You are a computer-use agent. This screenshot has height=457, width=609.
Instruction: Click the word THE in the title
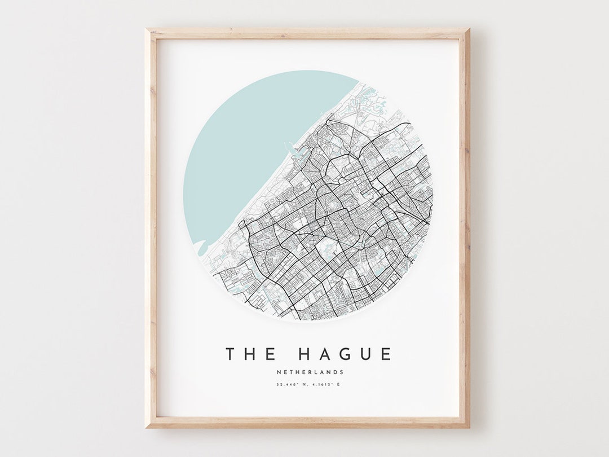pos(251,354)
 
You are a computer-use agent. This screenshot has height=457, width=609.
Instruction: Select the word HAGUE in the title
pos(345,354)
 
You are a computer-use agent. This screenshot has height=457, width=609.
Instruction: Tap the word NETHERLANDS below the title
pos(310,372)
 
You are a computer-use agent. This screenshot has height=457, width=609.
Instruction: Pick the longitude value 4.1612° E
pos(326,385)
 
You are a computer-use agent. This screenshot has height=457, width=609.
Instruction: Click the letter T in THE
pos(230,354)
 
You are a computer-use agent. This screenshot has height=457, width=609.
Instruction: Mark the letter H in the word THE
pos(250,354)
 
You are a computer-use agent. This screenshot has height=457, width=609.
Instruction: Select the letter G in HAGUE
pos(344,354)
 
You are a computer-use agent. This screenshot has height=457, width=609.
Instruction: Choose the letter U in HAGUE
pos(365,354)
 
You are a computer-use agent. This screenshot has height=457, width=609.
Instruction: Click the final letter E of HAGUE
pos(386,354)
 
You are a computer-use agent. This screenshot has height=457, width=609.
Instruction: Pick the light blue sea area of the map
pos(248,141)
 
